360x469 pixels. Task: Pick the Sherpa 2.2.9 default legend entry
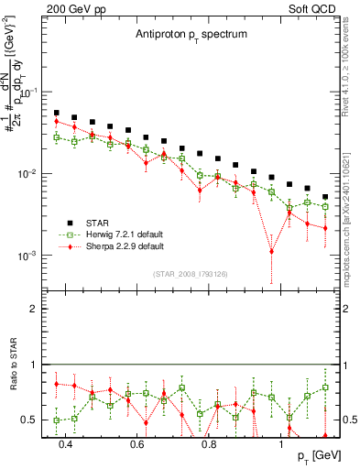[125, 246]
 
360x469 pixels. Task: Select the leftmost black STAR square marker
[56, 113]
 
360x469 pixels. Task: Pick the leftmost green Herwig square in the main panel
[56, 137]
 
